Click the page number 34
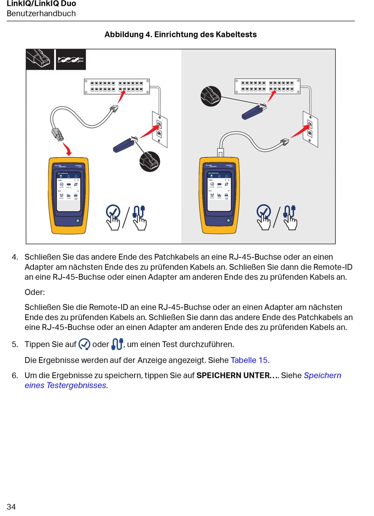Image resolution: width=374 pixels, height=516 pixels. coord(11,507)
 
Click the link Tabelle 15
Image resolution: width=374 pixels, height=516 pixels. coord(249,360)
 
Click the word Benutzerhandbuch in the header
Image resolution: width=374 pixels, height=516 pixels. coord(41,13)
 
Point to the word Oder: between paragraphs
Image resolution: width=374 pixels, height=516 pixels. coord(35,292)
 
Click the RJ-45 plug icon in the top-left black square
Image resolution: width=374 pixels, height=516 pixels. coord(40,59)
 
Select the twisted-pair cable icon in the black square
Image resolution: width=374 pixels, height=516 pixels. coord(71,60)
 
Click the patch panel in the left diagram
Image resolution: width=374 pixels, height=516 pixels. coord(117,87)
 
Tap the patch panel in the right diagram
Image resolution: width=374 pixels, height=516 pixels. coord(267,86)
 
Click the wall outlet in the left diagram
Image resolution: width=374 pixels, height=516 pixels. coord(159,129)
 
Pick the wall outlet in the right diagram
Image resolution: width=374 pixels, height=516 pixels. coord(310,129)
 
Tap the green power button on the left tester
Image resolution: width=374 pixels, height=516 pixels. coord(78,221)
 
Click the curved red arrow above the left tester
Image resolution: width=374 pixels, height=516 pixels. coord(68,149)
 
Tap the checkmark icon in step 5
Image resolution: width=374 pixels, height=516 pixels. coord(84,345)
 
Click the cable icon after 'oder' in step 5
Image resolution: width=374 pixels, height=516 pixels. coord(117,344)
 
